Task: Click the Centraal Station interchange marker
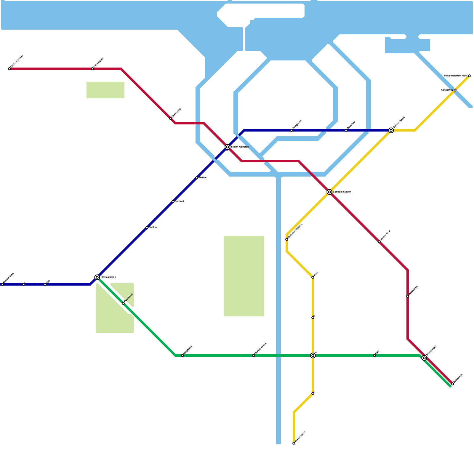329,192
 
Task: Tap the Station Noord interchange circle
391,130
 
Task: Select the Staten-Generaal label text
240,147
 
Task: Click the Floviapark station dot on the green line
123,303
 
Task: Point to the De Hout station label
179,201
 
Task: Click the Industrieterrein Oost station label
455,76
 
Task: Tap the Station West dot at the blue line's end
2,284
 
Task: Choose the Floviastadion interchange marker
97,277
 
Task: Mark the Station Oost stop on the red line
379,242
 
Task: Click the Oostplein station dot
346,130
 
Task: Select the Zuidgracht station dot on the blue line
292,130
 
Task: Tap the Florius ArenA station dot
254,355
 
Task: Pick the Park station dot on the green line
374,355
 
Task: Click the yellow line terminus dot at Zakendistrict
294,443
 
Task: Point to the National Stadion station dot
287,239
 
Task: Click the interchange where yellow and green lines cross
313,355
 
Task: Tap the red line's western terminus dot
9,69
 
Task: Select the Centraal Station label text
342,192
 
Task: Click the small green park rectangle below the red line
105,90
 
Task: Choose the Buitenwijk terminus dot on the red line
453,384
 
